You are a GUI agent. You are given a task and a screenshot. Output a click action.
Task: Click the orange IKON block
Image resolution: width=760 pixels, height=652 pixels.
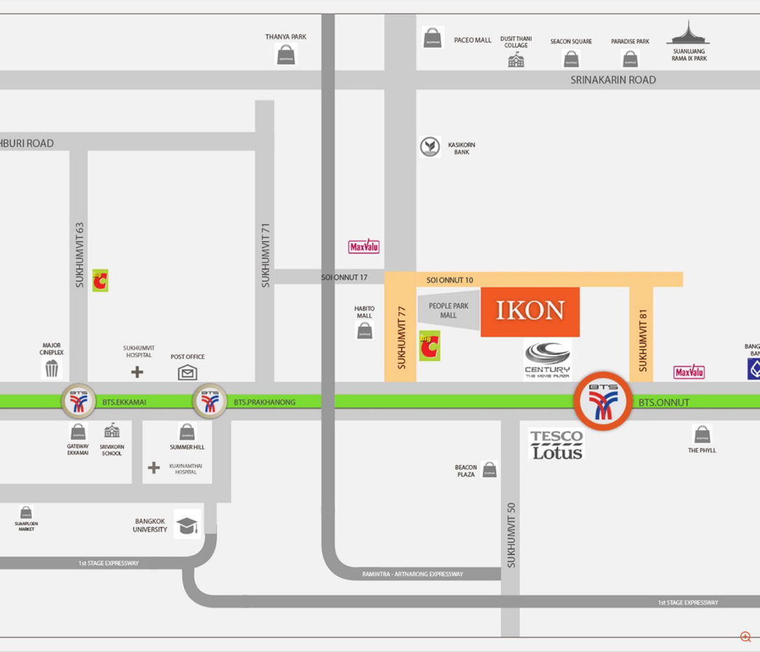tap(530, 311)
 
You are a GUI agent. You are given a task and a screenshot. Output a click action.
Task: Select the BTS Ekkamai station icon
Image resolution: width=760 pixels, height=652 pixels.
tap(78, 402)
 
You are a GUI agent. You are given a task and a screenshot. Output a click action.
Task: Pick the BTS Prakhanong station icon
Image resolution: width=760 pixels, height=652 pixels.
tap(209, 402)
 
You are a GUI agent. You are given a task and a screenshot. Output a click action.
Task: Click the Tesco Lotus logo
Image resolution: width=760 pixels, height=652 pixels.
tap(556, 444)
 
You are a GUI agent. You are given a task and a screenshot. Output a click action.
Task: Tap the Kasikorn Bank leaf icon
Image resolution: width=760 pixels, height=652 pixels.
tap(430, 147)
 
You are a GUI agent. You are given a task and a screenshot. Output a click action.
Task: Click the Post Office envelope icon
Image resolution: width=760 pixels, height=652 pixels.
tap(187, 372)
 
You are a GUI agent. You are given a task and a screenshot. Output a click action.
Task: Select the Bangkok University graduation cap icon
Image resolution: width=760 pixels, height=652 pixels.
tap(187, 525)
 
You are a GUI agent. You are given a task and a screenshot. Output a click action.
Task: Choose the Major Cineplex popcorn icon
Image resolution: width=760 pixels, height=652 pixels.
tap(53, 369)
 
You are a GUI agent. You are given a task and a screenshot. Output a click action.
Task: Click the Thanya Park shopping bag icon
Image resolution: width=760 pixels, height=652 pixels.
tap(286, 55)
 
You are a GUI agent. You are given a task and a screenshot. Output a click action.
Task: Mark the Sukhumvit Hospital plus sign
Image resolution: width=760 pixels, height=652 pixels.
tap(137, 371)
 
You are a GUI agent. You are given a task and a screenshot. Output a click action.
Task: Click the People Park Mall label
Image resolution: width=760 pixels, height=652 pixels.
tap(448, 311)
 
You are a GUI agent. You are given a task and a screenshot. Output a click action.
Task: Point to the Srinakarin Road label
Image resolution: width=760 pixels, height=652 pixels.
tap(613, 80)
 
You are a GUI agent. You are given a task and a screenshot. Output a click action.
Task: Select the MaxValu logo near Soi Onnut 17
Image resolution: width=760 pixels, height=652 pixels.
tap(364, 247)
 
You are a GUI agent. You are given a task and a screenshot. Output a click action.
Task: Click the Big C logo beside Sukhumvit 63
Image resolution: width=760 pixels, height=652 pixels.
tap(100, 281)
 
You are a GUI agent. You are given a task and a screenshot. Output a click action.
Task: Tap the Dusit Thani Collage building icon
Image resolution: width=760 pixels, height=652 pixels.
tap(516, 60)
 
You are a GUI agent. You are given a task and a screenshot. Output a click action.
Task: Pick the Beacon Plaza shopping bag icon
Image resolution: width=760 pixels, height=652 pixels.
tap(490, 469)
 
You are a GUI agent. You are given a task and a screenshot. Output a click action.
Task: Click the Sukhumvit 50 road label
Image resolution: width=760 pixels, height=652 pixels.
tap(511, 536)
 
